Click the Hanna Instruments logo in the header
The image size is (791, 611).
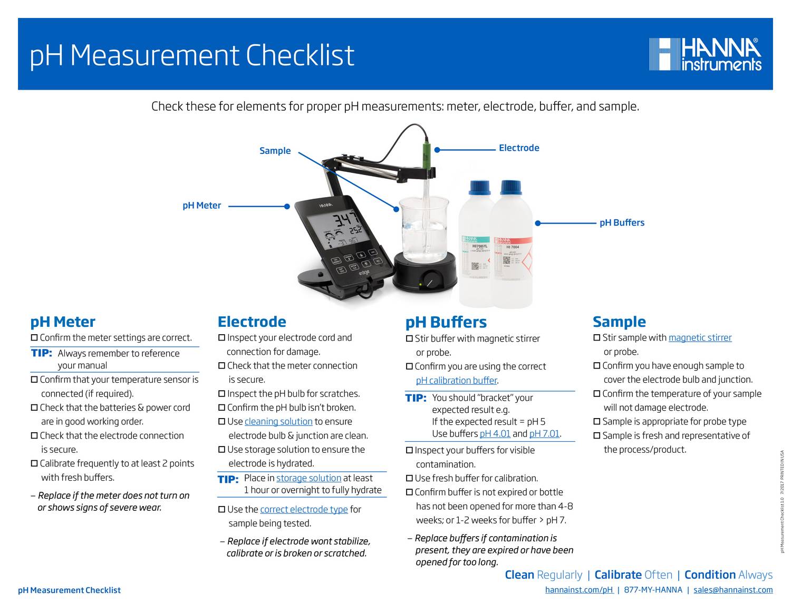click(705, 54)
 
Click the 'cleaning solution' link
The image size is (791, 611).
click(278, 422)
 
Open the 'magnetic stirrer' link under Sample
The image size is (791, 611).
click(700, 338)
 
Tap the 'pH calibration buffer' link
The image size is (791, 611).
click(456, 381)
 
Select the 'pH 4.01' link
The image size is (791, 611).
click(495, 434)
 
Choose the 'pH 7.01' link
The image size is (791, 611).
click(544, 434)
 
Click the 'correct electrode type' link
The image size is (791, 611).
click(304, 509)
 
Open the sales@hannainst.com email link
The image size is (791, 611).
click(733, 590)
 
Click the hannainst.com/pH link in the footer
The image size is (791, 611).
click(579, 590)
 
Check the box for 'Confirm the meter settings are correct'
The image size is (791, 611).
click(34, 338)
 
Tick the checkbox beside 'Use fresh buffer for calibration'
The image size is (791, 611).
click(409, 479)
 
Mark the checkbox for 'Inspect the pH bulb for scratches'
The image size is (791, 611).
click(221, 394)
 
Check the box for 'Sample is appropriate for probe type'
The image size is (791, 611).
click(597, 422)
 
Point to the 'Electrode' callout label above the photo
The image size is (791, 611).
click(519, 148)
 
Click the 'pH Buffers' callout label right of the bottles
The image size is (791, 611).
click(622, 223)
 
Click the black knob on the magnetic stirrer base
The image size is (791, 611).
click(432, 280)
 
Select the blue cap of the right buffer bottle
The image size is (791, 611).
click(510, 188)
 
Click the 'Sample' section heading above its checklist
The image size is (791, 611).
click(619, 322)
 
